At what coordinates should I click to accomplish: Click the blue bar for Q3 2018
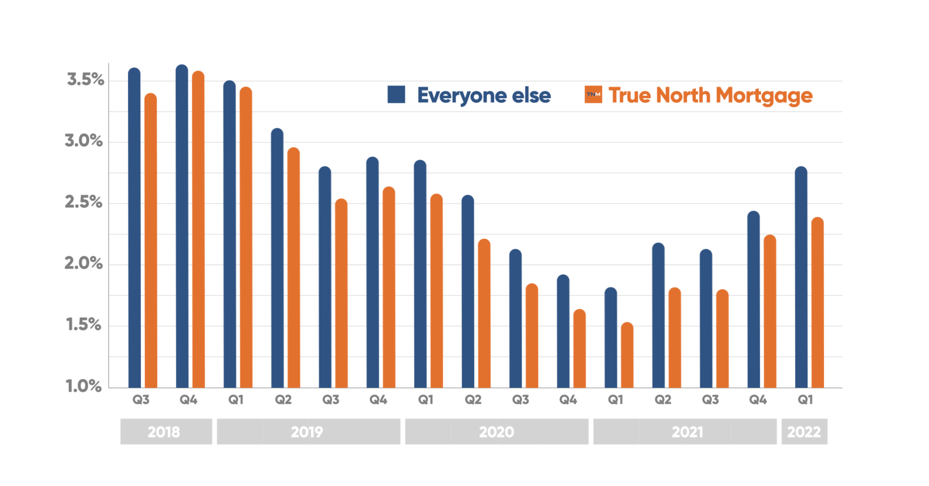(x=134, y=229)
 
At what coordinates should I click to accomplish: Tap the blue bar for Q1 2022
(x=801, y=279)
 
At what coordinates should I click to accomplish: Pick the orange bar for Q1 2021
(x=627, y=355)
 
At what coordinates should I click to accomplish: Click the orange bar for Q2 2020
(x=484, y=315)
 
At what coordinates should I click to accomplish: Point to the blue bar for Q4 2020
(x=563, y=333)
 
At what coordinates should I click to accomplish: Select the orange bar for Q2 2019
(x=294, y=270)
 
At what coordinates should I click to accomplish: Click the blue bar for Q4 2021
(x=753, y=301)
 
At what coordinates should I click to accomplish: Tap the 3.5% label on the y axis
(x=85, y=80)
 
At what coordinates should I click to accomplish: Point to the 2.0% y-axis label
(x=84, y=263)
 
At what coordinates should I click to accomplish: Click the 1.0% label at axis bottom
(x=84, y=386)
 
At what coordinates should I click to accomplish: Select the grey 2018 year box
(x=166, y=432)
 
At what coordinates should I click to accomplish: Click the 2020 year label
(x=496, y=432)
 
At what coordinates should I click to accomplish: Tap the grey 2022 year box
(x=804, y=432)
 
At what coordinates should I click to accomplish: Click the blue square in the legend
(x=396, y=94)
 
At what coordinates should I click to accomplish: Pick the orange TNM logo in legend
(x=593, y=94)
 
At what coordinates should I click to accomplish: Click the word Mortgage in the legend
(x=764, y=96)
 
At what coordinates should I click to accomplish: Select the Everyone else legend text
(x=484, y=95)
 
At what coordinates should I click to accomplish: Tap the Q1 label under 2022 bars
(x=805, y=400)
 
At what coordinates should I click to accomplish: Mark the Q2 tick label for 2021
(x=662, y=400)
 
